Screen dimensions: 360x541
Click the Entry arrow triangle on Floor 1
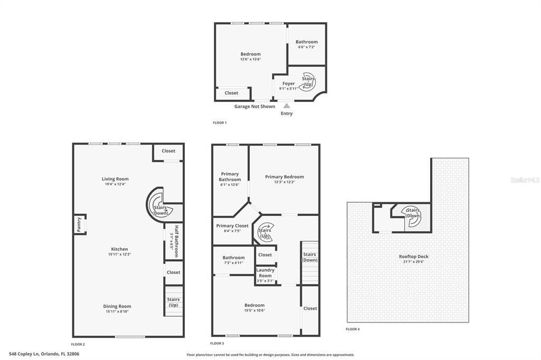coord(287,106)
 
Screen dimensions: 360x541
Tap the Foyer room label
coord(288,83)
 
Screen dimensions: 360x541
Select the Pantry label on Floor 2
coord(79,225)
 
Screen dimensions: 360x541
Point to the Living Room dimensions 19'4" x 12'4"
coord(115,184)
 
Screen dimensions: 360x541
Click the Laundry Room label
coord(265,272)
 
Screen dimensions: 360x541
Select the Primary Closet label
coord(232,226)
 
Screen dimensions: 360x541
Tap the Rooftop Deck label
coord(413,257)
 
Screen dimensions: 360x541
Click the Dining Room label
coord(117,306)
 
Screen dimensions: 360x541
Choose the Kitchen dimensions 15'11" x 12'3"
coord(119,254)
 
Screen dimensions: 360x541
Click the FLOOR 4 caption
coord(352,329)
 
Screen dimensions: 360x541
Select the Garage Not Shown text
coord(255,106)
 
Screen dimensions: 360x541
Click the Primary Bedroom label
coord(284,177)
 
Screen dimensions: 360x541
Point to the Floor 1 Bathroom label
coord(306,42)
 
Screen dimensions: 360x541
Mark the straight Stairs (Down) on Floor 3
coord(310,262)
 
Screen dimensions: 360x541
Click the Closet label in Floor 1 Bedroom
coord(231,93)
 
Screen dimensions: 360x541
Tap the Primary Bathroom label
coord(230,176)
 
